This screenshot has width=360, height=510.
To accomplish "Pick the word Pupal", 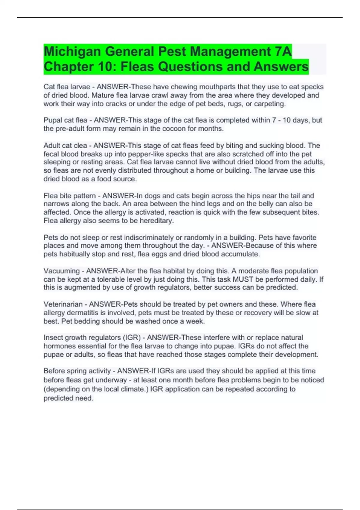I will pyautogui.click(x=53, y=120).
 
